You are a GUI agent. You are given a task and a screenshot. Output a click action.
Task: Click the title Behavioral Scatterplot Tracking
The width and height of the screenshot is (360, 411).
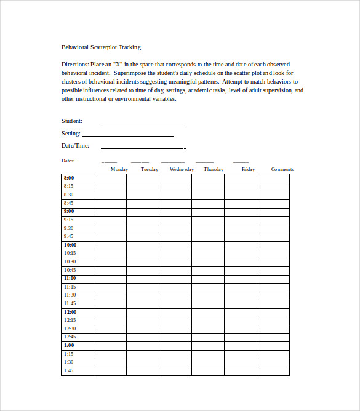[101, 47]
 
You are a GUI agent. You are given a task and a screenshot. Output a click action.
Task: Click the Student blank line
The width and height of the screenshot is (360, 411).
[142, 123]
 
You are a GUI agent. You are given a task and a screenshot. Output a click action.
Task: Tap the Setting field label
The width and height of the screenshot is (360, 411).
[71, 134]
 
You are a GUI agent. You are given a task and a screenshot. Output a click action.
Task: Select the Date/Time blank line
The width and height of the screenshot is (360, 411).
[142, 148]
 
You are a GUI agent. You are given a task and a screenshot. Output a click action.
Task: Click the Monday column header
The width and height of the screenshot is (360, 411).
[119, 169]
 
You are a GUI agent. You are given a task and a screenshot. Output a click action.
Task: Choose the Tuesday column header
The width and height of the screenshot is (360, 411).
[150, 169]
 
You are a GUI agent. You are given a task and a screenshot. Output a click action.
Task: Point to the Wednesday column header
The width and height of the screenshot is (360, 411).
[182, 169]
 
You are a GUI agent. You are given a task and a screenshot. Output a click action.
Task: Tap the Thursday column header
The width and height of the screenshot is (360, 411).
[214, 169]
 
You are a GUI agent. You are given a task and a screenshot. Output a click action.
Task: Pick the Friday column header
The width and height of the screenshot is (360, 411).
[248, 169]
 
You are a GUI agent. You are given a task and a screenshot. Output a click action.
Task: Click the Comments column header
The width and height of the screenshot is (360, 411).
[282, 169]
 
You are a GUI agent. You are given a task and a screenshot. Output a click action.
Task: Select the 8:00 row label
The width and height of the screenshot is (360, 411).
[68, 178]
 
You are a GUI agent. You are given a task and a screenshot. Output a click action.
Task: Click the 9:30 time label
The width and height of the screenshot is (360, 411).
[68, 228]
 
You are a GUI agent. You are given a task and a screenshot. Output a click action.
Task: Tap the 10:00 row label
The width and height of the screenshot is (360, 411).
[70, 245]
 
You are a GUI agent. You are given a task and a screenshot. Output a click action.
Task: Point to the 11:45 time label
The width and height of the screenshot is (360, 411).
[70, 303]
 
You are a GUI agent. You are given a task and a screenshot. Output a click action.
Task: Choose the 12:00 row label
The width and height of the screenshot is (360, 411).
[70, 312]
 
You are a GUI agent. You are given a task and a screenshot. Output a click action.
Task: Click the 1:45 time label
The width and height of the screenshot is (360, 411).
[68, 370]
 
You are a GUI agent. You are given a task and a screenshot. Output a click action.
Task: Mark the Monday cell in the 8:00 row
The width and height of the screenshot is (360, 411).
[110, 178]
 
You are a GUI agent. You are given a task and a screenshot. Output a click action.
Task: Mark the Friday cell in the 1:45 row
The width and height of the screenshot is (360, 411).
[240, 371]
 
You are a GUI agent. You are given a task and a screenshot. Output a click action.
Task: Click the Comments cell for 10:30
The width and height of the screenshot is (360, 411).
[273, 261]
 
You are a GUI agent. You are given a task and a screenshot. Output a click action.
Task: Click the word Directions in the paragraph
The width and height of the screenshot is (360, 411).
[75, 64]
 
